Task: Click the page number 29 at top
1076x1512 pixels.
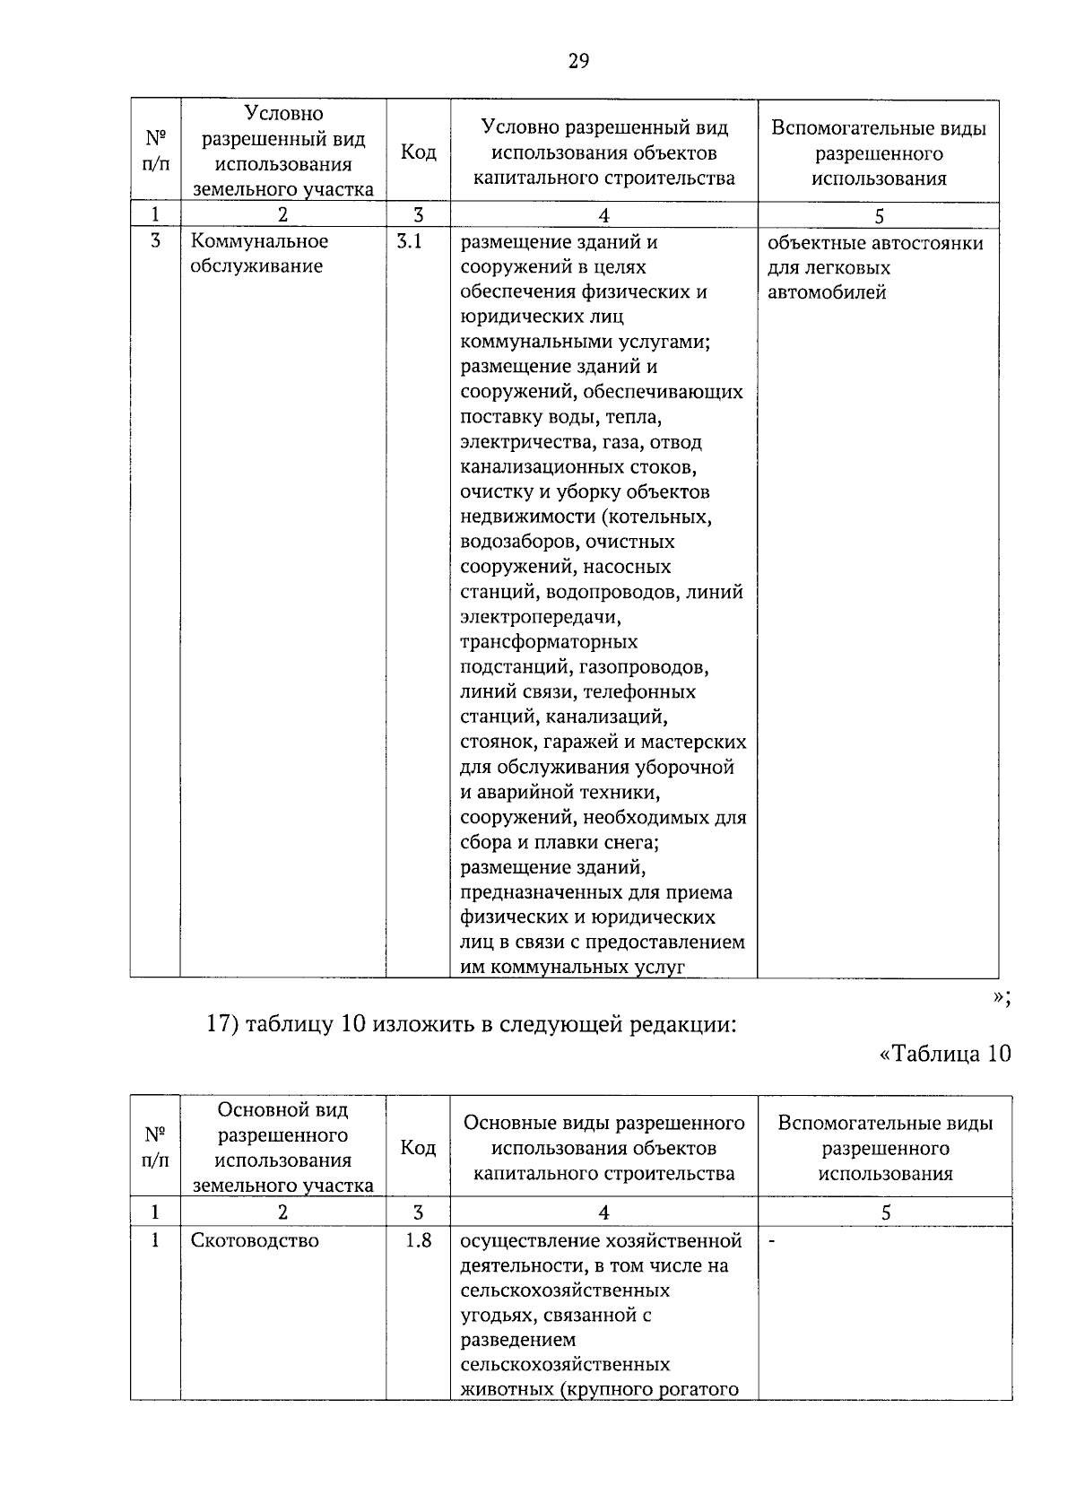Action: [x=577, y=61]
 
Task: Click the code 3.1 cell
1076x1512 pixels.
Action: [x=409, y=241]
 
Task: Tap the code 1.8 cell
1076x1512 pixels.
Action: [x=417, y=1240]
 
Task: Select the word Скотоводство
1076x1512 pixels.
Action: [x=255, y=1241]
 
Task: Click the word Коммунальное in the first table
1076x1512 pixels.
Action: [x=259, y=241]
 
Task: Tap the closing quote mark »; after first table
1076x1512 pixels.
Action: [x=1002, y=998]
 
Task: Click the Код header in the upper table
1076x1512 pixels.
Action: [x=418, y=152]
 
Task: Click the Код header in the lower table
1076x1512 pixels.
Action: [x=418, y=1148]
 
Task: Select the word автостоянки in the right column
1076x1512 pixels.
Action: [x=932, y=243]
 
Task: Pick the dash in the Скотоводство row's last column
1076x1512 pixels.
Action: [x=772, y=1241]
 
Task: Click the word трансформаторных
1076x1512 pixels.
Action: [x=548, y=642]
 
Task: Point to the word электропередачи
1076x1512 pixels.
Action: [x=540, y=617]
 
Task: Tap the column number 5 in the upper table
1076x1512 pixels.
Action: [x=879, y=216]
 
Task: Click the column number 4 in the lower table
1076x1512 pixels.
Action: [x=603, y=1212]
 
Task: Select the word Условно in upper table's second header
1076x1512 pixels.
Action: [x=283, y=114]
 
